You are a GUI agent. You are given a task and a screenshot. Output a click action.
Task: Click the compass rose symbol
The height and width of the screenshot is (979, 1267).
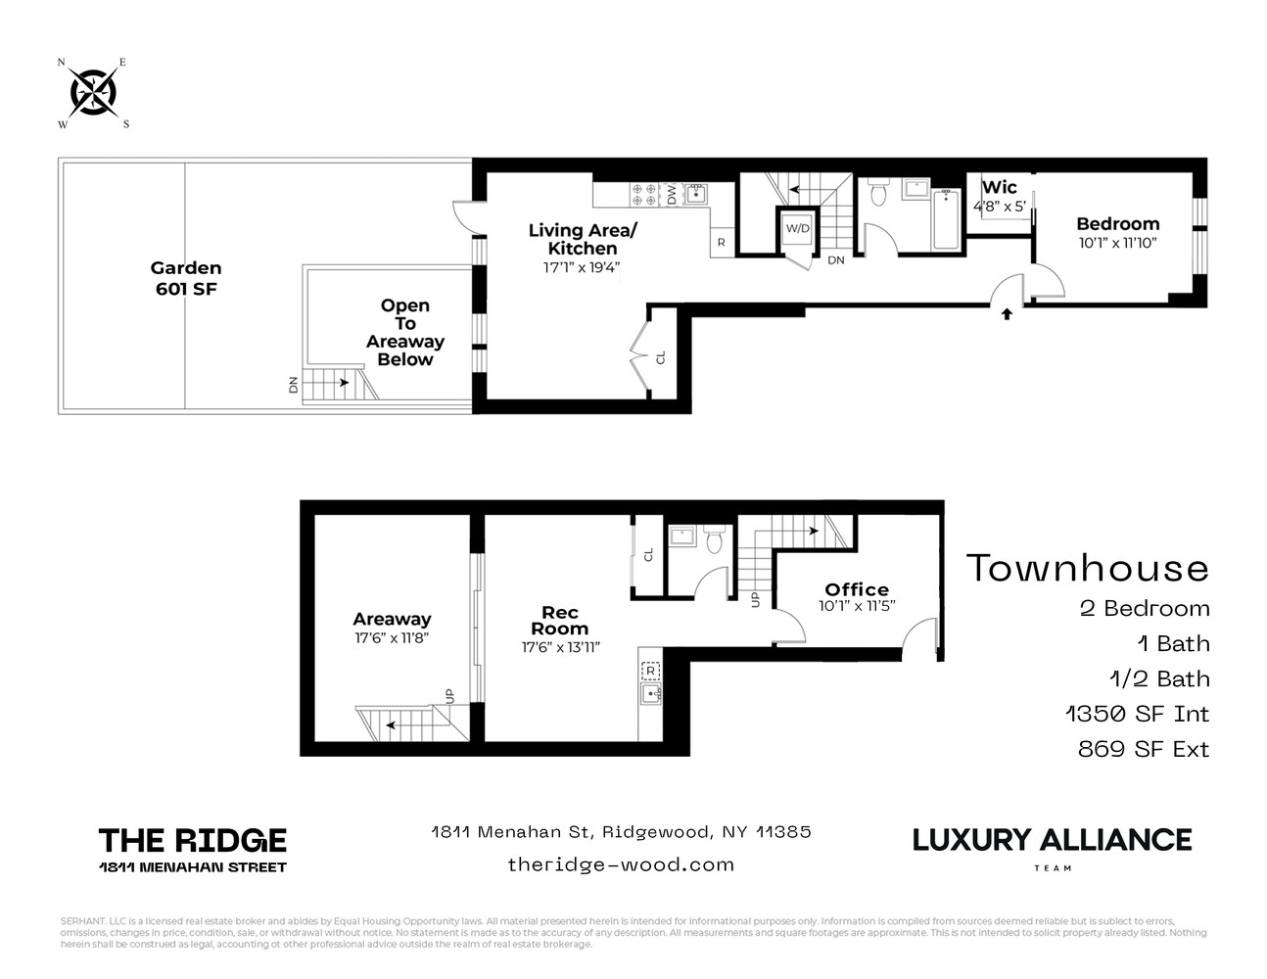click(94, 94)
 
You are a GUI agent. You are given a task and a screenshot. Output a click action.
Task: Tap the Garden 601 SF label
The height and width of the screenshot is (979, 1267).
click(186, 278)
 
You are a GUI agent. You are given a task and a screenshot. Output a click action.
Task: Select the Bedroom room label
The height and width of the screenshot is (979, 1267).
click(1117, 224)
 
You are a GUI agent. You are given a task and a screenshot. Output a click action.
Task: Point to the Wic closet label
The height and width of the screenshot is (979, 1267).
click(999, 187)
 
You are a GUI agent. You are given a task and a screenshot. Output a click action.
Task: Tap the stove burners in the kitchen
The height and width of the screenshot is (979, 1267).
click(643, 194)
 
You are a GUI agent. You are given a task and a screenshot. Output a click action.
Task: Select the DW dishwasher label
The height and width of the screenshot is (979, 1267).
click(673, 194)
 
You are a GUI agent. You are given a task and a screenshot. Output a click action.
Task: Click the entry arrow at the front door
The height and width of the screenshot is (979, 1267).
click(1007, 314)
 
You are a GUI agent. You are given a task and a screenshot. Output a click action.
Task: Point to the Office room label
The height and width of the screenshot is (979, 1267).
click(857, 589)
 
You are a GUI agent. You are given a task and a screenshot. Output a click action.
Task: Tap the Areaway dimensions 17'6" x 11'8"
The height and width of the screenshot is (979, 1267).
click(392, 637)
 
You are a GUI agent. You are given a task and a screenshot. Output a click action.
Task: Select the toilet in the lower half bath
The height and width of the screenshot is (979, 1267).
click(715, 539)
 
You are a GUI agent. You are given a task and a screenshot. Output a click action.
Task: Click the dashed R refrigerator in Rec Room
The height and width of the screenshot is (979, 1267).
click(651, 671)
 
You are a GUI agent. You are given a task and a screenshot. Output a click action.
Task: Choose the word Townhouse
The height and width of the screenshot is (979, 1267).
click(1088, 568)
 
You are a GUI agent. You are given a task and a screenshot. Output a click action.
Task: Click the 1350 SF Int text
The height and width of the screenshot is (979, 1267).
click(1137, 714)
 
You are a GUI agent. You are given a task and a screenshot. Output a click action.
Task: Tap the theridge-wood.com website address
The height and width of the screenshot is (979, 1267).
click(621, 863)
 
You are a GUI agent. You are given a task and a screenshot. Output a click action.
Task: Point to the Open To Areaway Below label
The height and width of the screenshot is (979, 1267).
click(405, 333)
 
